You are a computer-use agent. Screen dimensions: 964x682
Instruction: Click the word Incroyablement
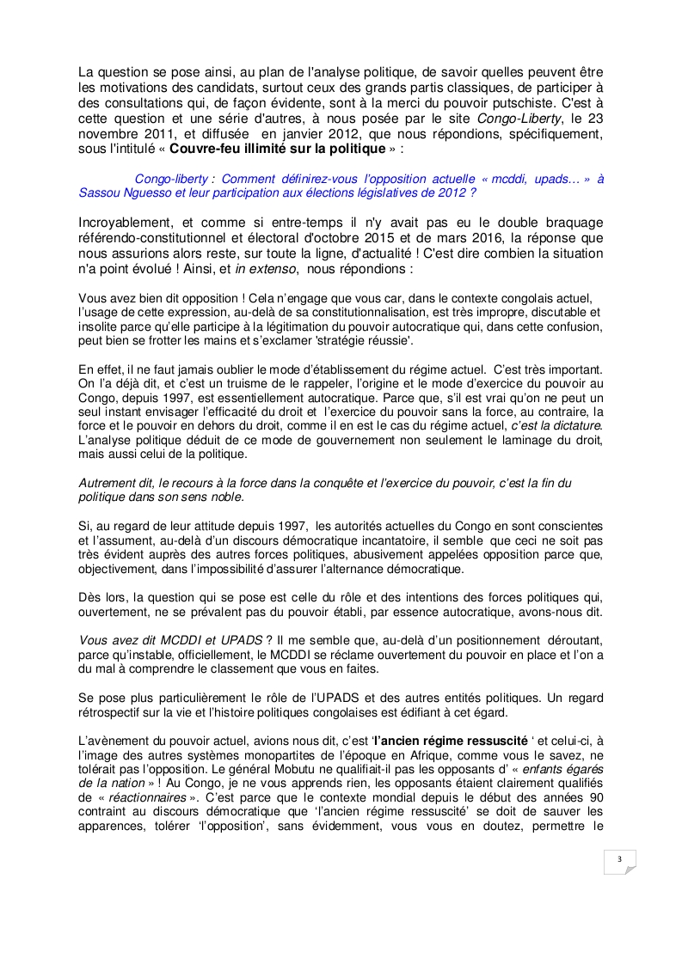click(x=122, y=222)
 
